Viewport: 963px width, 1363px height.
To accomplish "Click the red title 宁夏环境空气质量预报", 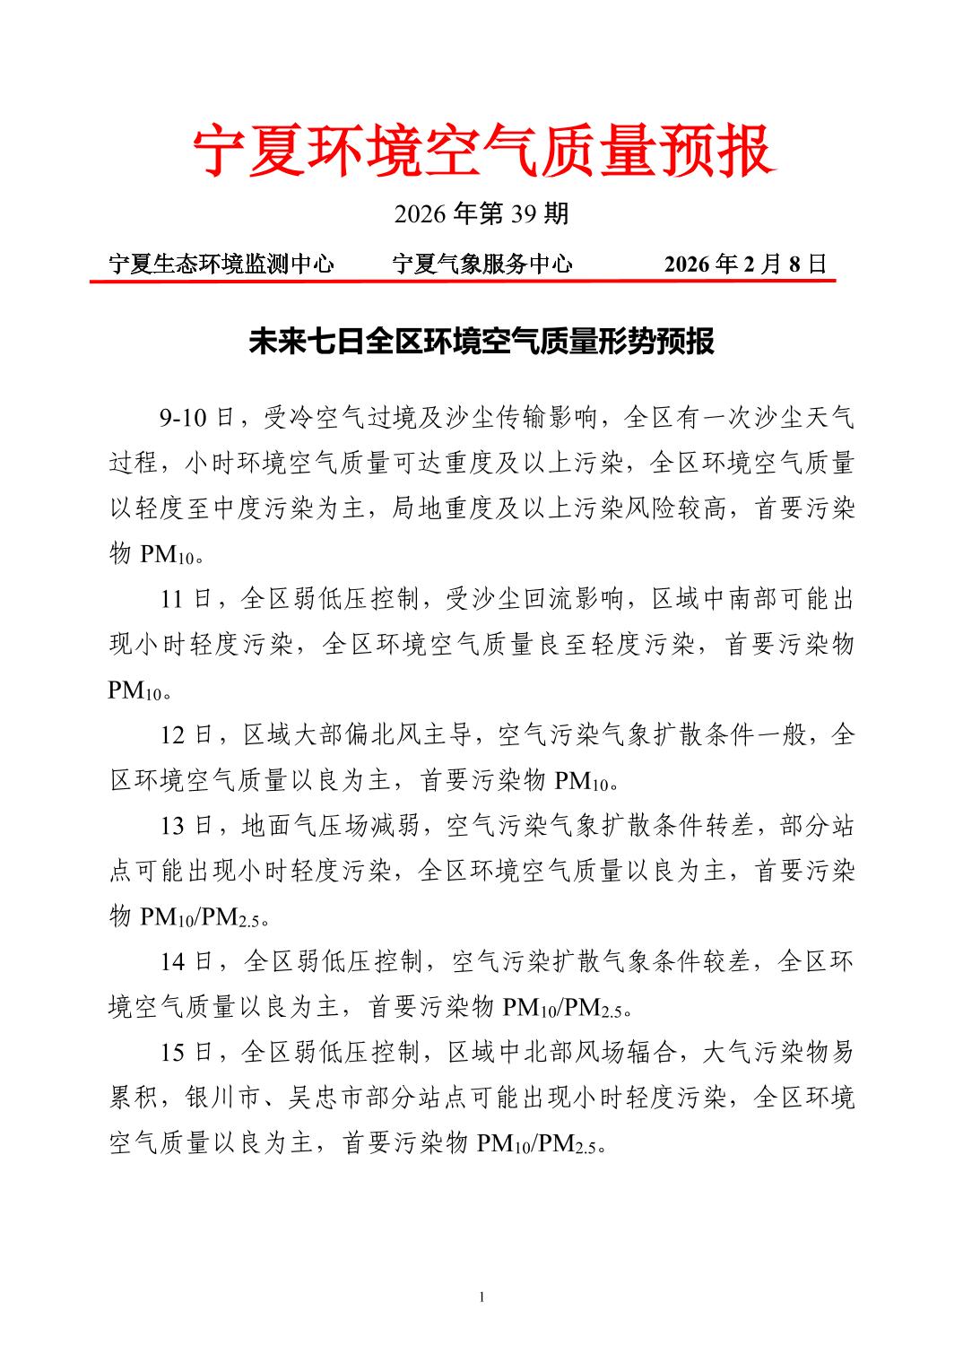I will click(x=482, y=151).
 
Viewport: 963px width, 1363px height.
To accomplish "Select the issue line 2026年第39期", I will click(x=481, y=213).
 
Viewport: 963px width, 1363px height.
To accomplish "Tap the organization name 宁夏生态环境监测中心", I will click(x=221, y=264).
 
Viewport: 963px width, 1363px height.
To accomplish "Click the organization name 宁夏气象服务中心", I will click(x=482, y=264).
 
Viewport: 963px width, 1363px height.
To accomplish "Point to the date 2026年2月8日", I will click(x=744, y=264).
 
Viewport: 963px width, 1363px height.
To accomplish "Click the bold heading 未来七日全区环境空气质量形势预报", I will click(x=481, y=342).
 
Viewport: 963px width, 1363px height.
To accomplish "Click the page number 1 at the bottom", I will click(x=481, y=1297).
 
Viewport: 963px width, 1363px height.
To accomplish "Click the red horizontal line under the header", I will click(x=463, y=281).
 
